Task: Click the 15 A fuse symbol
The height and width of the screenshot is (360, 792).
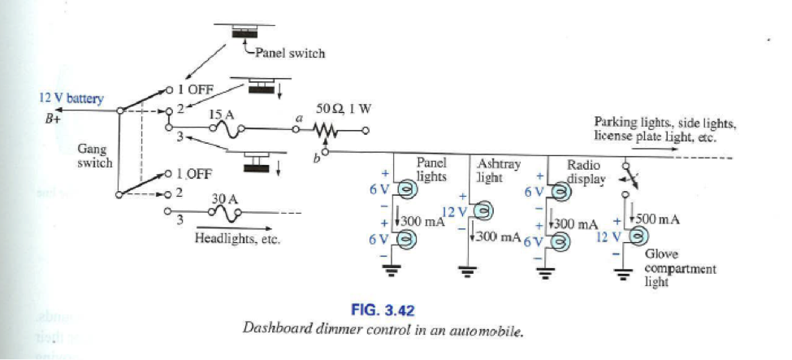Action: [231, 128]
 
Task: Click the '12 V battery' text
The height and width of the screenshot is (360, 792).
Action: [71, 98]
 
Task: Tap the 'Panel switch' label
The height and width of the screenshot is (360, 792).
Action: [291, 54]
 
